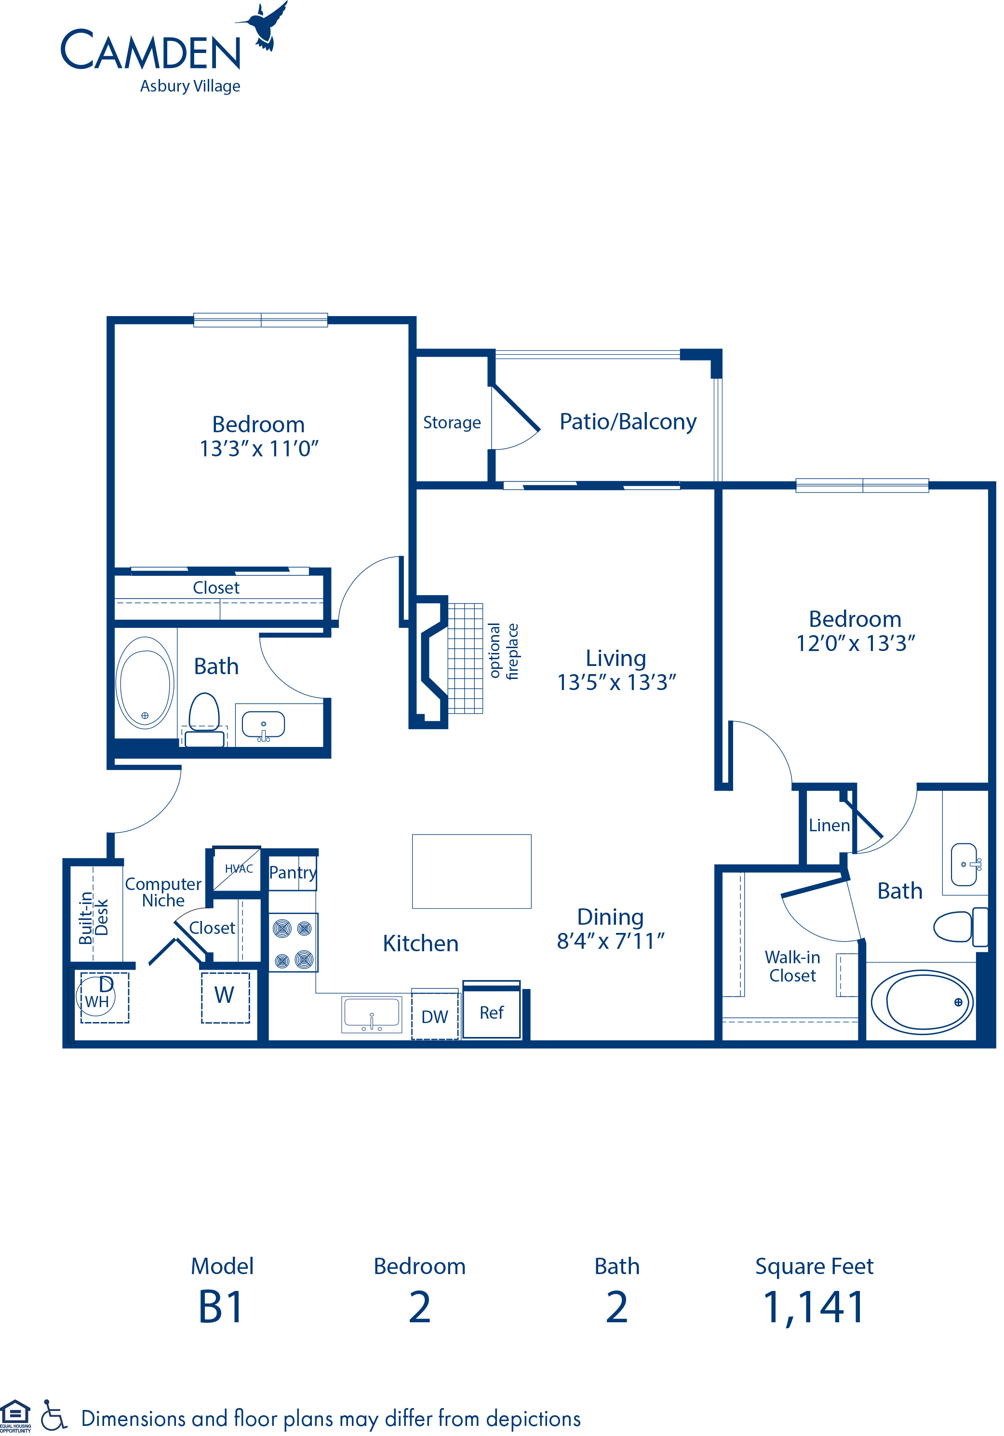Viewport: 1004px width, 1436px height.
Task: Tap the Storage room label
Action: point(452,423)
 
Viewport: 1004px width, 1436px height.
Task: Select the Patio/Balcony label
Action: point(628,422)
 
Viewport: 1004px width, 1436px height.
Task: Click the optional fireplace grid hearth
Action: point(465,658)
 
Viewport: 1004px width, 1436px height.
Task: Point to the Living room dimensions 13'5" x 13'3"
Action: point(616,682)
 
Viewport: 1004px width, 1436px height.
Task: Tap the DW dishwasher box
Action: point(435,1016)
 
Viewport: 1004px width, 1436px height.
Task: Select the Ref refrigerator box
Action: point(492,1012)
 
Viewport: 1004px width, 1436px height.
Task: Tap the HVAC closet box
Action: point(237,869)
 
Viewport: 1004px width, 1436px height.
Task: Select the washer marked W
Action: point(225,997)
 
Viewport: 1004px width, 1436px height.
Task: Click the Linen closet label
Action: point(828,825)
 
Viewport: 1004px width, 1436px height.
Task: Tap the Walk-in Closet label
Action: point(792,966)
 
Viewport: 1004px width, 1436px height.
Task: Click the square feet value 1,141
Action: point(814,1307)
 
